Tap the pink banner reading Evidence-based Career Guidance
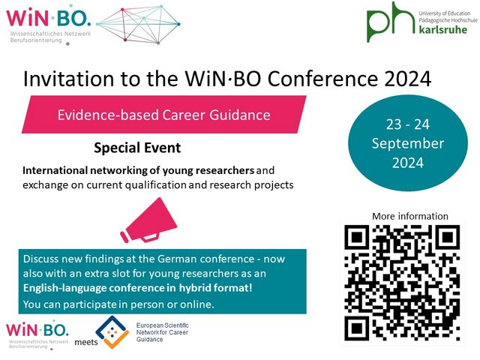tap(164, 115)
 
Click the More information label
tap(409, 216)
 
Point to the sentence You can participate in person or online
tap(107, 304)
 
